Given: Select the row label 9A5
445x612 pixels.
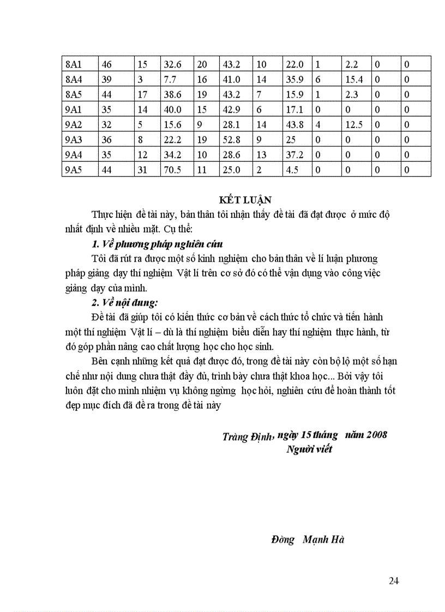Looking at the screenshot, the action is pos(73,170).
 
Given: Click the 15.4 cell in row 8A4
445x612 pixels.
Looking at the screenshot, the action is pos(354,80).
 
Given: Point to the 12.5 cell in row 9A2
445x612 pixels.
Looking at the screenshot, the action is pos(354,125).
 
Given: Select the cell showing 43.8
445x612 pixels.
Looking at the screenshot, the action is pos(294,125).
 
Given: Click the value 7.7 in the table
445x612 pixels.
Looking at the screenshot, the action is pos(170,80).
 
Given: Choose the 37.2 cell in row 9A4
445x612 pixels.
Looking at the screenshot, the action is pos(294,155).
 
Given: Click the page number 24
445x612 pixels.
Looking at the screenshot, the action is pos(394,581).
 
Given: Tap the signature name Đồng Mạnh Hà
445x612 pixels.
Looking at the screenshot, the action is pos(308,540).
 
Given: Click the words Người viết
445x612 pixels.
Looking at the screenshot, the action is pos(309,450).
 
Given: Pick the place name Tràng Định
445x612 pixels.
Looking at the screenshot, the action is pos(247,437).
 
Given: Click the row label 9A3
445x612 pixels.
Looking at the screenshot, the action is pos(73,140).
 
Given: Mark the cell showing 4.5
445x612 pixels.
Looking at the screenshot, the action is pos(292,170).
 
